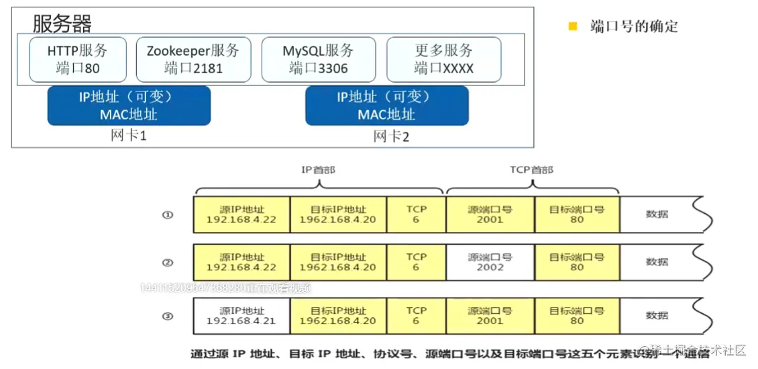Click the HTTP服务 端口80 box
(77, 59)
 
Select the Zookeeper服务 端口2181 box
(193, 59)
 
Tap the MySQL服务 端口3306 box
(318, 59)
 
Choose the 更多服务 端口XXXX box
(443, 59)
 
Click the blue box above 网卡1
(129, 106)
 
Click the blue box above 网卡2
(386, 106)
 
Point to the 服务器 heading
(62, 24)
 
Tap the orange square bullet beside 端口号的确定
(573, 27)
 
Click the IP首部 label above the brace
(318, 170)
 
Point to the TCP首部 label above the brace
(532, 170)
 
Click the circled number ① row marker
(168, 215)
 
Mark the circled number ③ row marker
(168, 316)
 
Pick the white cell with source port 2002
(490, 262)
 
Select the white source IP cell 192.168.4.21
(241, 316)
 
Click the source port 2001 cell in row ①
(490, 214)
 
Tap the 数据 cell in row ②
(657, 262)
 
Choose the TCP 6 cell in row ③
(416, 316)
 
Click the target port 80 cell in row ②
(577, 262)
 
